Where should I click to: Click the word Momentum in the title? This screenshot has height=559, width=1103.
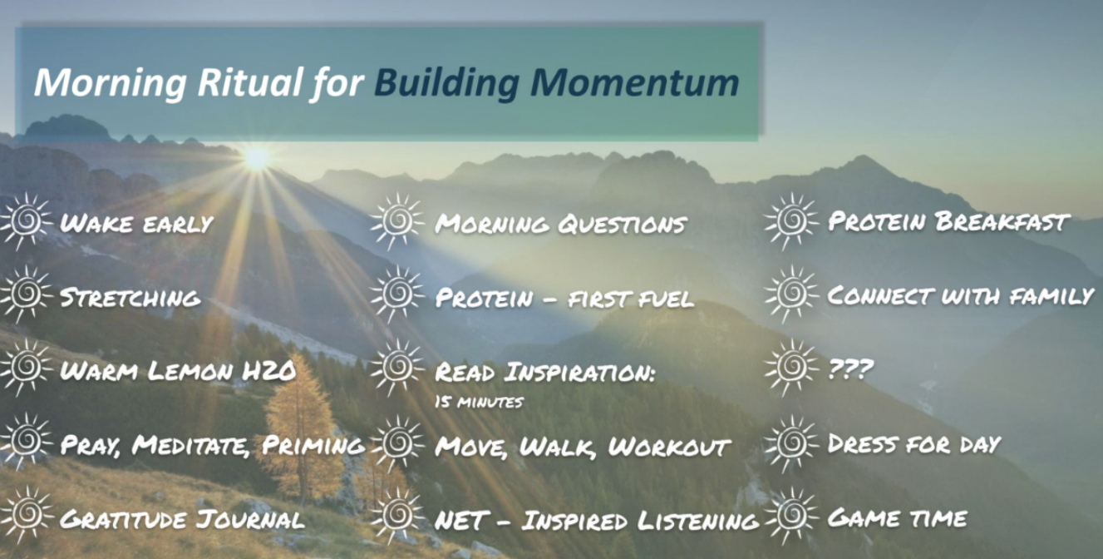635,82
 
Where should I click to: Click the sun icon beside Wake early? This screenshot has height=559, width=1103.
26,221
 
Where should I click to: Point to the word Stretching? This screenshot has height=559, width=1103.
130,298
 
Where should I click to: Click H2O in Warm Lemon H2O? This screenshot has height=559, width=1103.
268,371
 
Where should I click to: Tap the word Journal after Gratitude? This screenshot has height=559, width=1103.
249,520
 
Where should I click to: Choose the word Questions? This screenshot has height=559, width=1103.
623,225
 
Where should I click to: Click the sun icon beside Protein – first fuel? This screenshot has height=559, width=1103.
397,294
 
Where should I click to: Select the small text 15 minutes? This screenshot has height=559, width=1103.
479,403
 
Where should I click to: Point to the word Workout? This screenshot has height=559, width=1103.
669,447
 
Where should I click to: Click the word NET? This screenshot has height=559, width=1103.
461,521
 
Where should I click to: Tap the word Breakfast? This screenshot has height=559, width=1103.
1003,222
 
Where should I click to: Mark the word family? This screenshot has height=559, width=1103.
1051,296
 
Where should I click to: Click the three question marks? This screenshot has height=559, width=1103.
850,369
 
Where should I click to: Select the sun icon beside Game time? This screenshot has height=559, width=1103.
791,516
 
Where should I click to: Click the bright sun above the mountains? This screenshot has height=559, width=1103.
257,158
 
